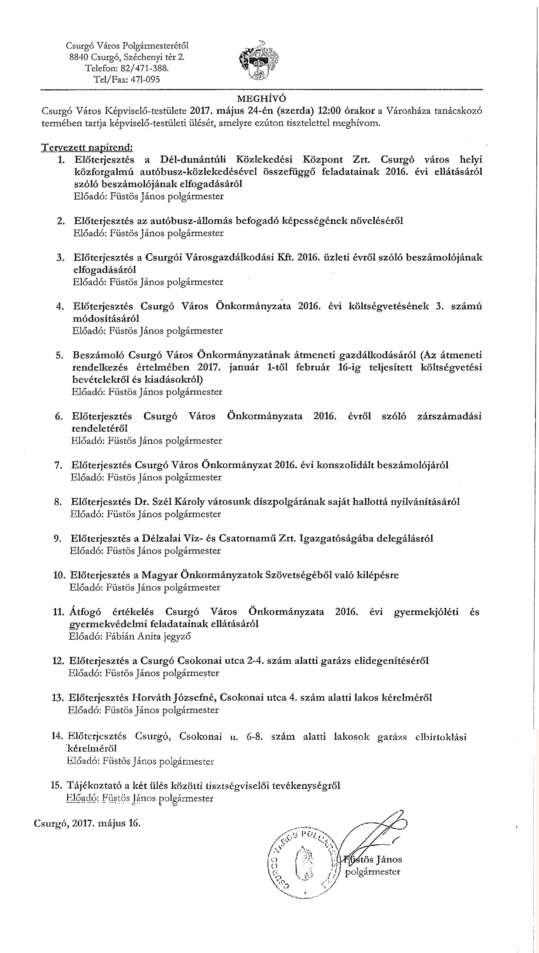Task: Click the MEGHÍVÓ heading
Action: click(x=261, y=98)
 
